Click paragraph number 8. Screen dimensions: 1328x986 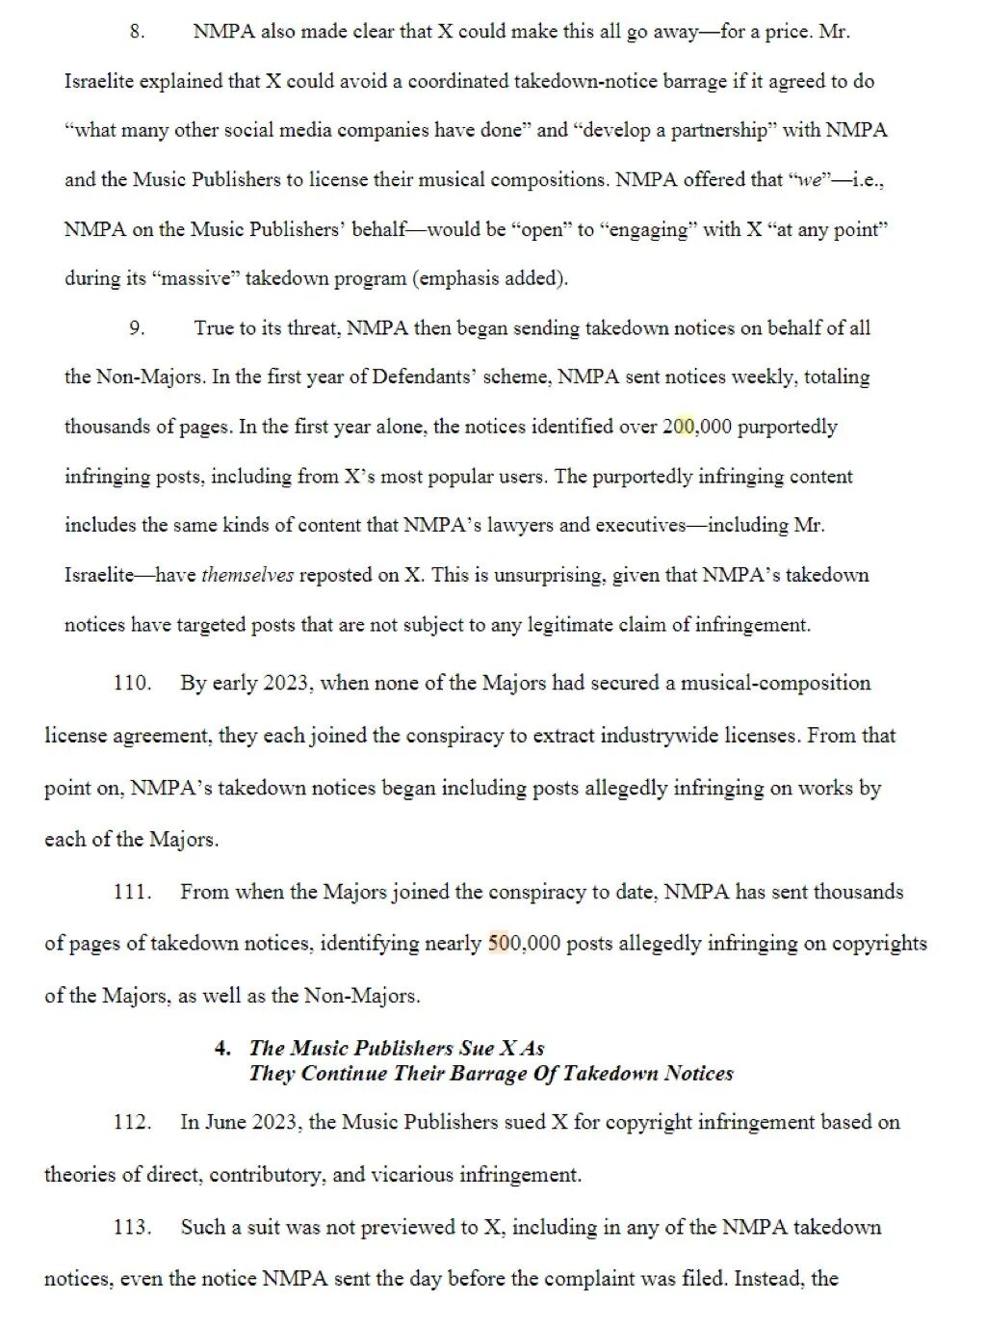pyautogui.click(x=137, y=32)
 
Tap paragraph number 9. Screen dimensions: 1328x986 pyautogui.click(x=137, y=328)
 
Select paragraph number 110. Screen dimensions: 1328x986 pyautogui.click(x=132, y=684)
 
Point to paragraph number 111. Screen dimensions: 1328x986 pyautogui.click(x=132, y=892)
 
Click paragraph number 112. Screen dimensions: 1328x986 pyautogui.click(x=132, y=1122)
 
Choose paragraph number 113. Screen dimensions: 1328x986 pyautogui.click(x=132, y=1227)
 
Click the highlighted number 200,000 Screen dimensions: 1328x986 pyautogui.click(x=696, y=427)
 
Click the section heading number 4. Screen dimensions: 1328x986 pyautogui.click(x=222, y=1048)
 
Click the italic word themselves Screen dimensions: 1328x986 pyautogui.click(x=247, y=575)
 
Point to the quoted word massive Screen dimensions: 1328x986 pyautogui.click(x=200, y=278)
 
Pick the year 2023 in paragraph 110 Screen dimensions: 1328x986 pyautogui.click(x=286, y=684)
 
